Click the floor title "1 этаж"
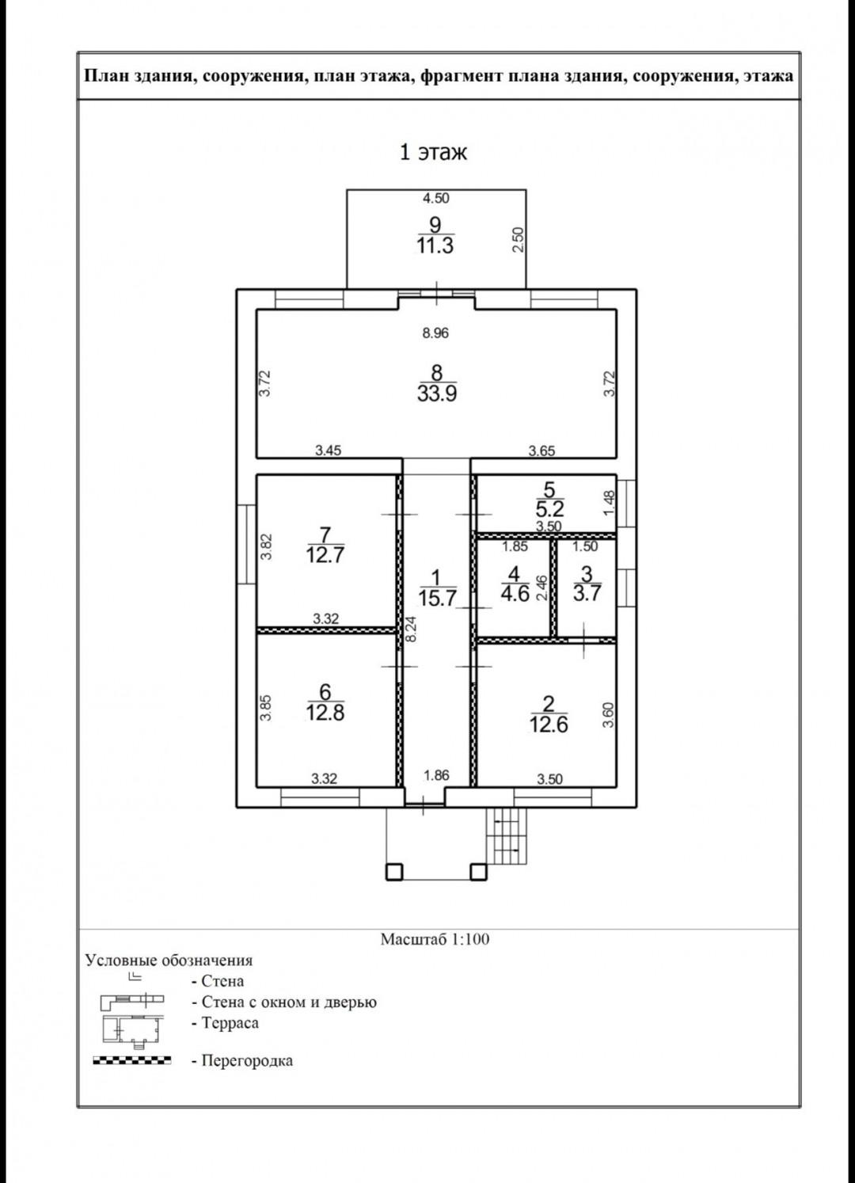[432, 151]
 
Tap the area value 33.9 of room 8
[436, 394]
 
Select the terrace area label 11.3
[435, 246]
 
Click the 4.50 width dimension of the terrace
[435, 198]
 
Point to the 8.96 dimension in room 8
[435, 333]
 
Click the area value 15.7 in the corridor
[437, 599]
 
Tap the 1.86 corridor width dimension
[435, 775]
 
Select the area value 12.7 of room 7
[325, 555]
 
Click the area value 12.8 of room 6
[325, 713]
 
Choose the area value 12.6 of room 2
[549, 725]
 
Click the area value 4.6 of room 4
[515, 594]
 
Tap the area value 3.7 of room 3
[587, 594]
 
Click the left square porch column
[393, 872]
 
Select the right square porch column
[478, 872]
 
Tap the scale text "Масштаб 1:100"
[435, 939]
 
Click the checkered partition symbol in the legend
[131, 1060]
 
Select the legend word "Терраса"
[230, 1022]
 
